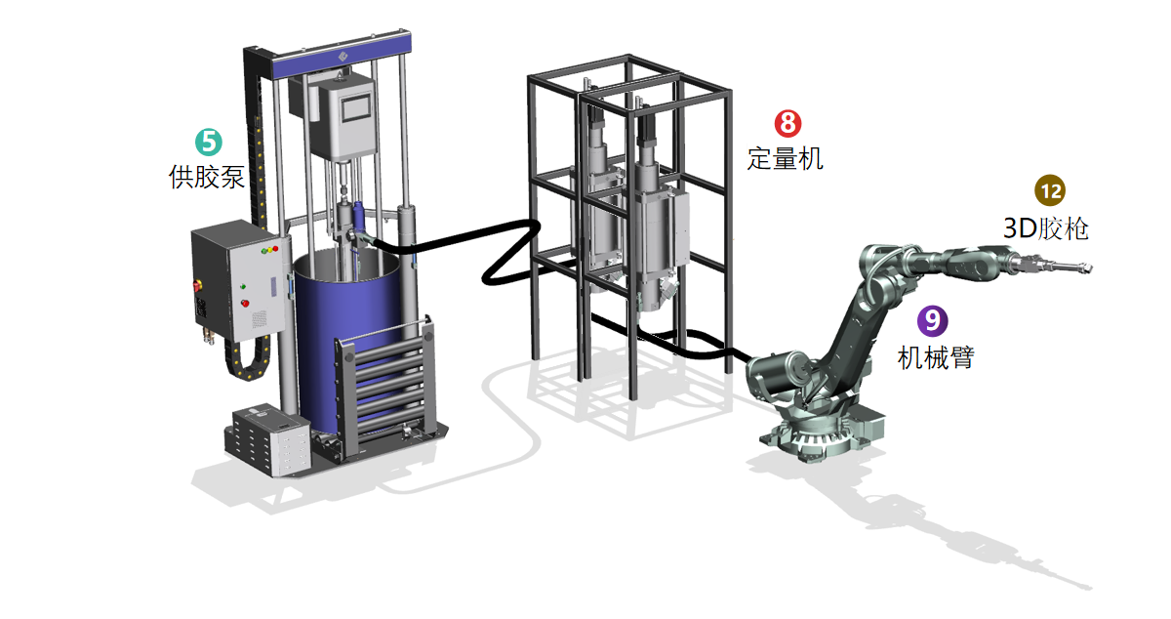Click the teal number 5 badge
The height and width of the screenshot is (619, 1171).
[x=209, y=143]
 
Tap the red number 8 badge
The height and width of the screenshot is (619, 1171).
[x=787, y=123]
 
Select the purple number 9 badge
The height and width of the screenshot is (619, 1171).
[x=933, y=320]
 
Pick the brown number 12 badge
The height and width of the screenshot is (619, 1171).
[x=1050, y=190]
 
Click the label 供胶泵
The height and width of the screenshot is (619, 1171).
[x=207, y=177]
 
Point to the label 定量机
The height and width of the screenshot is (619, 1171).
[x=786, y=158]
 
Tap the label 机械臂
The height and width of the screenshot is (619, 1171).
[x=936, y=358]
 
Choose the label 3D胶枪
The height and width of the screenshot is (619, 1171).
[x=1045, y=228]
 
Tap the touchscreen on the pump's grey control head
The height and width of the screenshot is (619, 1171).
[x=356, y=108]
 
